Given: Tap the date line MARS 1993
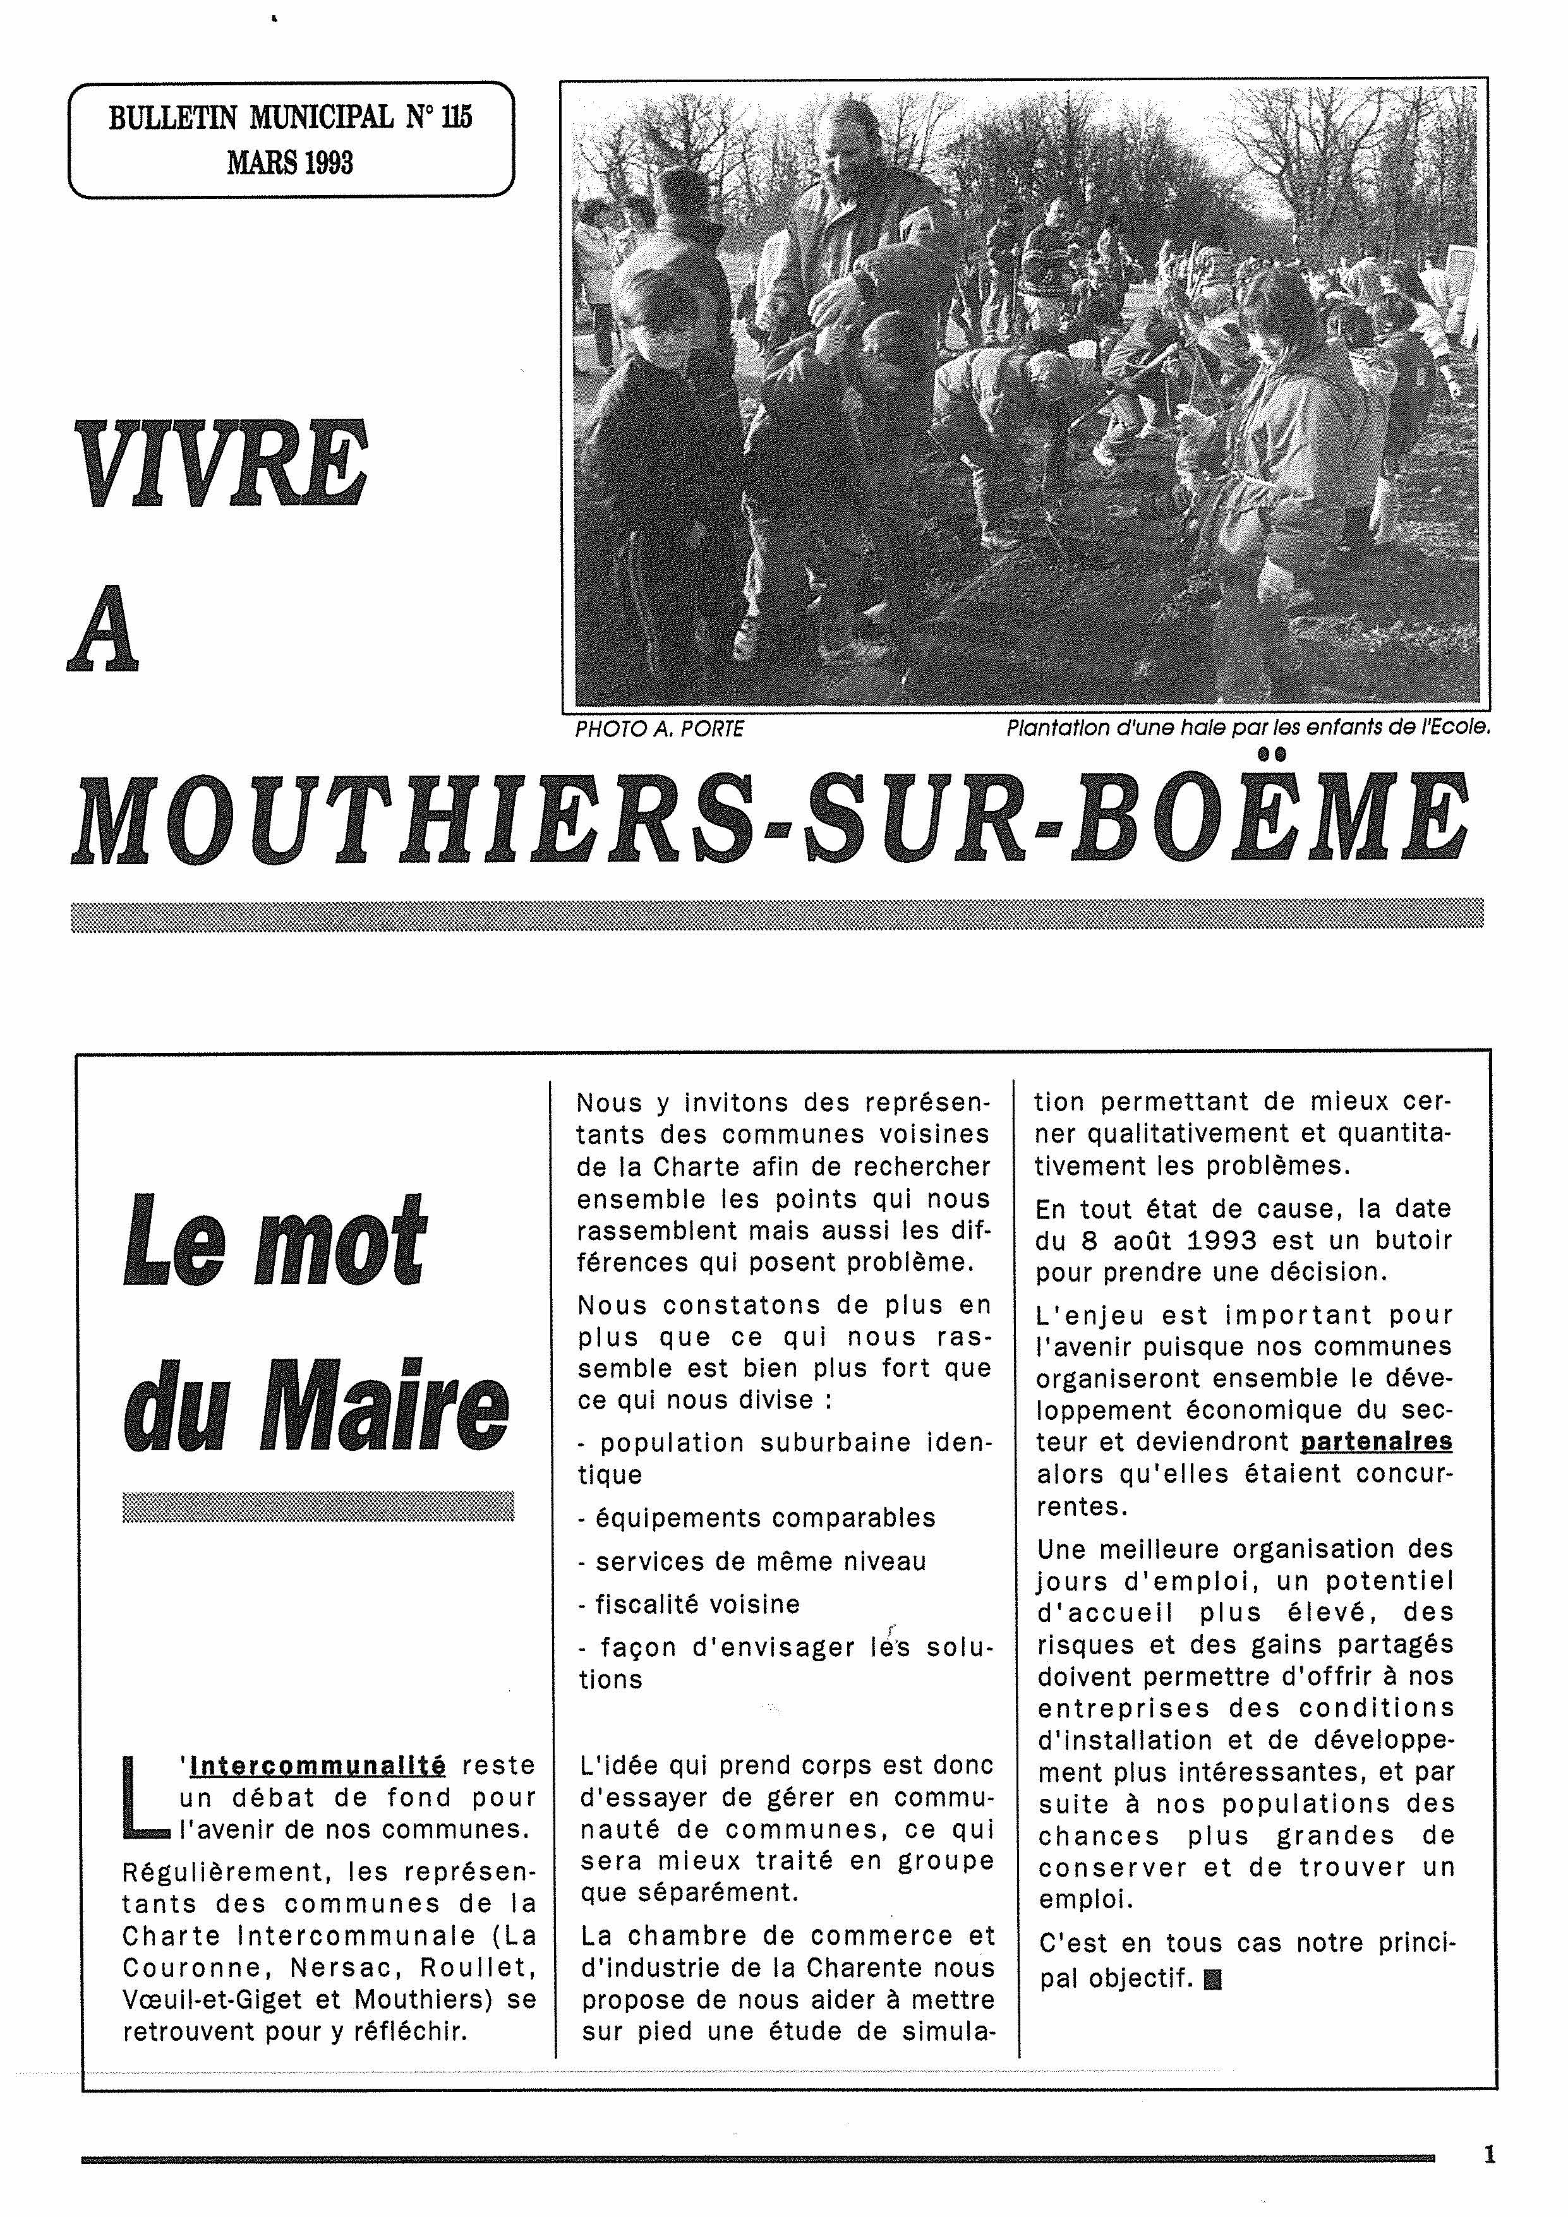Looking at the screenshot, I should [289, 162].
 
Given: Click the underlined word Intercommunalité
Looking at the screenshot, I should [318, 1766].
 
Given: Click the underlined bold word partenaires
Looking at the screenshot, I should [1376, 1441].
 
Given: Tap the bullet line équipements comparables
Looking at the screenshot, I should [756, 1518].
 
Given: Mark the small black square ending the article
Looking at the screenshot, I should [1214, 1980].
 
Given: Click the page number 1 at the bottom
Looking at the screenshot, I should [1489, 2154].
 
